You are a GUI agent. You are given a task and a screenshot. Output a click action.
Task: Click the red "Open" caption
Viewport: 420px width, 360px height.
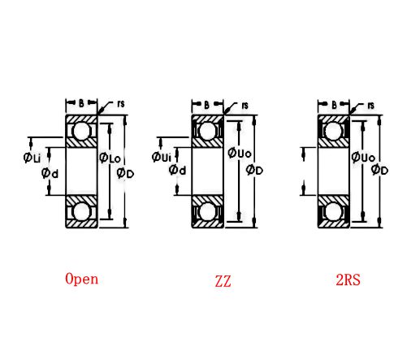point(82,279)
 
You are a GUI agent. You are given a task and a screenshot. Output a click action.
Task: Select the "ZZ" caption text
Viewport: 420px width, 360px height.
point(223,282)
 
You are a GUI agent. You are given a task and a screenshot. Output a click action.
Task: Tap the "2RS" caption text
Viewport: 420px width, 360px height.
point(348,280)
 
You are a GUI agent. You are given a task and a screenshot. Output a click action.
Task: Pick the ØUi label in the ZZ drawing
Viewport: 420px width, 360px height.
point(161,156)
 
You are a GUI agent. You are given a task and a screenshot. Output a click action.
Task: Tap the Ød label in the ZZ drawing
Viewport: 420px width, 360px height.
point(177,170)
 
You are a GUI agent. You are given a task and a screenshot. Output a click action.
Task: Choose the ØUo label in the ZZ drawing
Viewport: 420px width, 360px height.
point(239,153)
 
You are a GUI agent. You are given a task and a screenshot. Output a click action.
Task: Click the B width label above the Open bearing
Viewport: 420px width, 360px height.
point(81,103)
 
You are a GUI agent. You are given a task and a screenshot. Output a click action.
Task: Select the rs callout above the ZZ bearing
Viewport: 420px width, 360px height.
point(245,104)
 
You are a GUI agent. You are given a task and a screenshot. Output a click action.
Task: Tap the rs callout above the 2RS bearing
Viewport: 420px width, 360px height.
point(370,105)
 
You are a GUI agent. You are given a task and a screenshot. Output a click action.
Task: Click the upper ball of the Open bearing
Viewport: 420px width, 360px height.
point(81,131)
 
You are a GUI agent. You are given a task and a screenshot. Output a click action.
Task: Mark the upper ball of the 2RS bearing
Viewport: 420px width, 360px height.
point(333,131)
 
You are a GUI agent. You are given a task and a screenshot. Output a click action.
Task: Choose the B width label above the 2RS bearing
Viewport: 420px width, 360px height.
point(334,104)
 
